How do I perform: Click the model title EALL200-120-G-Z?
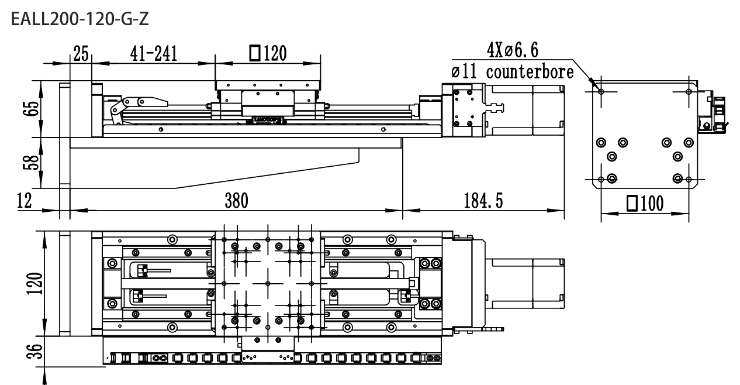pos(80,19)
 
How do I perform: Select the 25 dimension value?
pos(81,54)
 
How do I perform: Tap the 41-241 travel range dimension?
pos(154,54)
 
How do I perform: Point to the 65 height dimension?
pos(31,108)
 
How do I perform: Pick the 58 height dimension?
pos(31,163)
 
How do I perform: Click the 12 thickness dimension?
pos(25,201)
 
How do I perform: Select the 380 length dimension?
pos(237,201)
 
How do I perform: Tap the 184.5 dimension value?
pos(483,201)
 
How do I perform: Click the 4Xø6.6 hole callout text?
pos(513,50)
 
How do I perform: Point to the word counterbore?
pos(530,72)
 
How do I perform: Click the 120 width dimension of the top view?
pos(34,283)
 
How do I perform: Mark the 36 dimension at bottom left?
pos(34,351)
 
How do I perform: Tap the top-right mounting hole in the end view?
pos(689,92)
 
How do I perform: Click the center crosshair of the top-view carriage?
pos(268,283)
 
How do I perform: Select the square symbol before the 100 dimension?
pos(632,204)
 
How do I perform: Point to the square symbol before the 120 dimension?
pos(254,53)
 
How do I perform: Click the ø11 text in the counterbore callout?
pos(464,72)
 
